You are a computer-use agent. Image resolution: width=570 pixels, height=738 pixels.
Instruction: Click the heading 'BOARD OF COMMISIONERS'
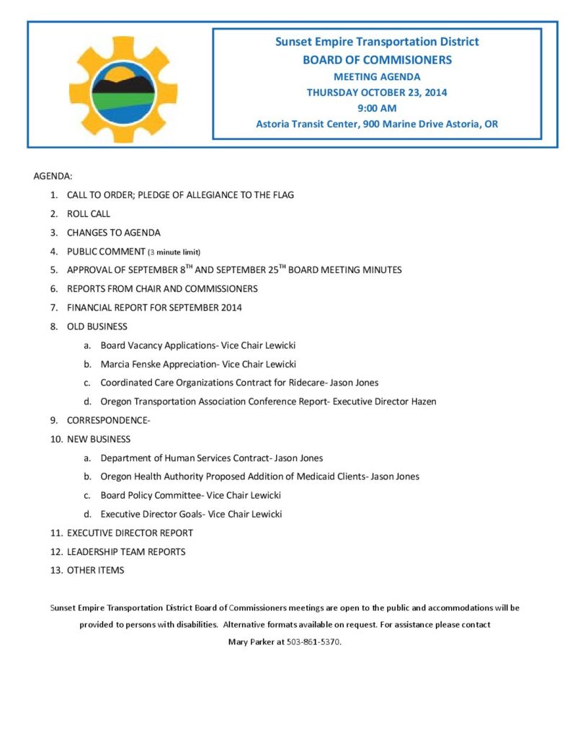(x=377, y=60)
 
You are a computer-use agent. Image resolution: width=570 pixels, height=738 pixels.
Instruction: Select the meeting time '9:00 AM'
(x=377, y=108)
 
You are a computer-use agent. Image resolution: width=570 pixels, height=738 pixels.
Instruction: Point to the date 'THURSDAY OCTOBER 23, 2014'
(x=377, y=92)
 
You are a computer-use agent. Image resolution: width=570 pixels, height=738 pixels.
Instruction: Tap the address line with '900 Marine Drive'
(x=377, y=124)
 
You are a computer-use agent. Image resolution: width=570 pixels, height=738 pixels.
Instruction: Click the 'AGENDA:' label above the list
(x=53, y=176)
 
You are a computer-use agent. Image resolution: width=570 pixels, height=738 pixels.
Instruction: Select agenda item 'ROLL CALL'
(x=89, y=214)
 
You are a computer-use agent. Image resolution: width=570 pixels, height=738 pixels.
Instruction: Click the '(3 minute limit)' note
(x=174, y=252)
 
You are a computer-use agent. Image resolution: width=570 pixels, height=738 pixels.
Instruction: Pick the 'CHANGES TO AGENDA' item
(x=114, y=233)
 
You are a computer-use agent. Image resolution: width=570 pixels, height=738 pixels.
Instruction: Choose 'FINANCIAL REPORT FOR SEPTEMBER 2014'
(x=154, y=308)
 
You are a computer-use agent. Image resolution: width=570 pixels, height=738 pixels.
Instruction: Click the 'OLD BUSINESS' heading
(x=97, y=326)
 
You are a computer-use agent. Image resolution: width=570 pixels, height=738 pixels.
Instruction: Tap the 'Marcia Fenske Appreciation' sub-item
(x=198, y=364)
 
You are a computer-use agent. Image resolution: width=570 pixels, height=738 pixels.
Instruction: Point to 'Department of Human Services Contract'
(x=211, y=458)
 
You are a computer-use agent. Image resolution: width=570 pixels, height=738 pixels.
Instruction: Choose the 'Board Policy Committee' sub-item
(x=190, y=495)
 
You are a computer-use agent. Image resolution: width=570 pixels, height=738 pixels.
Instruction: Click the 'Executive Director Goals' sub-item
(x=191, y=514)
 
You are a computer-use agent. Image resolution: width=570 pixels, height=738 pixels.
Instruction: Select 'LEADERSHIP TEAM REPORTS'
(x=126, y=551)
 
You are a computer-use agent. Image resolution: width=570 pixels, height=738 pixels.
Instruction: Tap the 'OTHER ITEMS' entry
(x=96, y=570)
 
